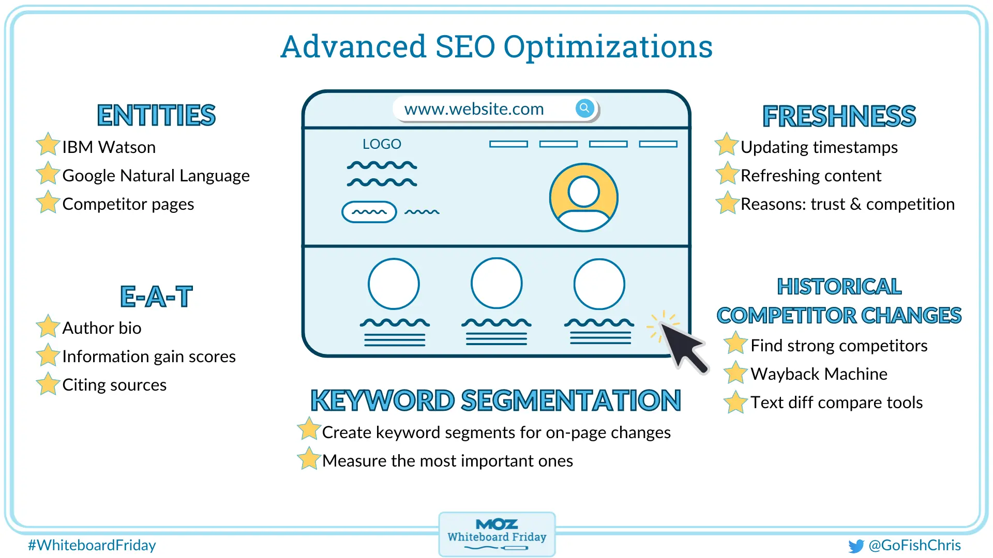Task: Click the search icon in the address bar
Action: (x=584, y=108)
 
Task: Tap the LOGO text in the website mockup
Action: (x=382, y=144)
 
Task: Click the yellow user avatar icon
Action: (x=583, y=197)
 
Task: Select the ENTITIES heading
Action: (x=156, y=115)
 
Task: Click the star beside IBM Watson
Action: (x=48, y=144)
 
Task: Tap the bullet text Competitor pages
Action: (x=128, y=205)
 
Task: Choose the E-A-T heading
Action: (x=156, y=297)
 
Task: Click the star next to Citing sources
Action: (x=48, y=383)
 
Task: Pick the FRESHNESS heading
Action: (x=839, y=116)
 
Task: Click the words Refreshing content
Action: (x=811, y=176)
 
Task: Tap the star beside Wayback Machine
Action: (x=735, y=372)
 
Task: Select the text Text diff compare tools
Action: (x=837, y=402)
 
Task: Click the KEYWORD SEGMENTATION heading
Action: (x=495, y=400)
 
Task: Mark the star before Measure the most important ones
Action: (x=309, y=458)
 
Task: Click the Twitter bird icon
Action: (x=856, y=546)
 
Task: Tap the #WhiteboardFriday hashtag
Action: (x=92, y=545)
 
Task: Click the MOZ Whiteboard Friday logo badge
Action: (x=497, y=535)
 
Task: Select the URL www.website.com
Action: (x=474, y=109)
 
